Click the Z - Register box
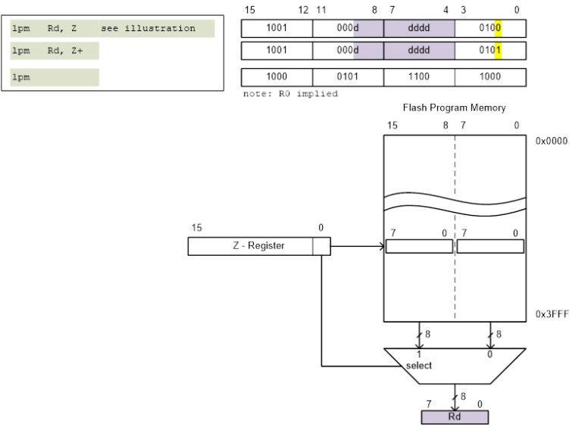tap(258, 246)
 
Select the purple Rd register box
tap(455, 417)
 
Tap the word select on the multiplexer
tap(418, 366)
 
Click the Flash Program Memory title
tap(454, 108)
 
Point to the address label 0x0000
tap(552, 141)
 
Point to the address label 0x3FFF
tap(552, 313)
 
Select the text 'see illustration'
tap(148, 29)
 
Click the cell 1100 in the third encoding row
tap(419, 77)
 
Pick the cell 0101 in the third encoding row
tap(348, 77)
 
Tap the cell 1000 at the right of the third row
tap(490, 77)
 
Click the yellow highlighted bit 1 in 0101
tap(499, 51)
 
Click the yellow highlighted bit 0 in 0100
tap(499, 29)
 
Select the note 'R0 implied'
tap(290, 94)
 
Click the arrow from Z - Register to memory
tap(357, 246)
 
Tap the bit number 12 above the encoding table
tap(303, 10)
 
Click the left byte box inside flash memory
tap(418, 246)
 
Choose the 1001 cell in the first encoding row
tap(277, 29)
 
